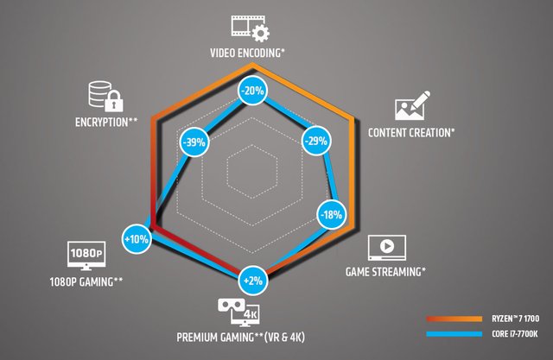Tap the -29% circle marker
[316, 142]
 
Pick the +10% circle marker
[137, 237]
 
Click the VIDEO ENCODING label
[248, 53]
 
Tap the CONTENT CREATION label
[411, 133]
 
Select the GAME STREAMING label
[385, 272]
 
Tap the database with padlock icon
[101, 95]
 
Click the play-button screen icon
[386, 248]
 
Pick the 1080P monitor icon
[86, 256]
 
